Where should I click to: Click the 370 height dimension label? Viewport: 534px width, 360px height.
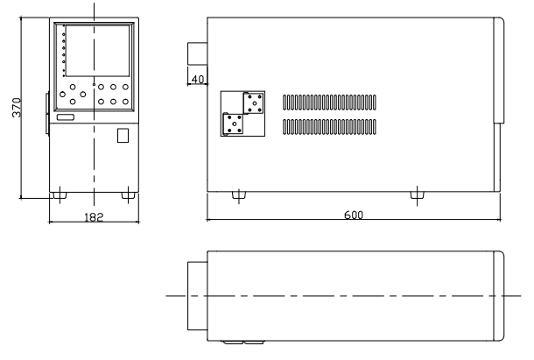[17, 108]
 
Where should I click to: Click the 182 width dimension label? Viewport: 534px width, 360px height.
[94, 217]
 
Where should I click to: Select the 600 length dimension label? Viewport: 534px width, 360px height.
[354, 215]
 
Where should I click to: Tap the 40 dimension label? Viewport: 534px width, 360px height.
[198, 80]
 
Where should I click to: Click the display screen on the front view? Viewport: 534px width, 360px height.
[98, 51]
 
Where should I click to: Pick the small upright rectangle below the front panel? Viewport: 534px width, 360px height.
[123, 136]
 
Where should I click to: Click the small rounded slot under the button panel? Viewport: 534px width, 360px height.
[66, 117]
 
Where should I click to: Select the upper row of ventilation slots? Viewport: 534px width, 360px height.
[329, 102]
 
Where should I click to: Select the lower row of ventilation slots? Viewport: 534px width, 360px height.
[329, 127]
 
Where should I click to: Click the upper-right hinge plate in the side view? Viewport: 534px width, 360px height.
[254, 103]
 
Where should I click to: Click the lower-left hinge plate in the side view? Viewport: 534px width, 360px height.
[233, 124]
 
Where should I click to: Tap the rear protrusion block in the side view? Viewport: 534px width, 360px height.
[198, 53]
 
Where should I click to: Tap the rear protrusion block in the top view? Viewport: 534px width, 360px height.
[198, 296]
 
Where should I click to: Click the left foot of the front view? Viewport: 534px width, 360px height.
[60, 195]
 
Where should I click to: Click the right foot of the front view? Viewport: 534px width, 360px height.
[129, 195]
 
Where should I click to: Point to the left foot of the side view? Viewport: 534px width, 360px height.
[239, 195]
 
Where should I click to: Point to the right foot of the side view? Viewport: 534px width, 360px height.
[418, 195]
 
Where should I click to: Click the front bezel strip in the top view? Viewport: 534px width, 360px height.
[499, 296]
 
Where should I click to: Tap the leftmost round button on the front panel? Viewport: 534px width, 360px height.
[62, 94]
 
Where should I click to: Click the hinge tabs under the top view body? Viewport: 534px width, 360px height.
[243, 342]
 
